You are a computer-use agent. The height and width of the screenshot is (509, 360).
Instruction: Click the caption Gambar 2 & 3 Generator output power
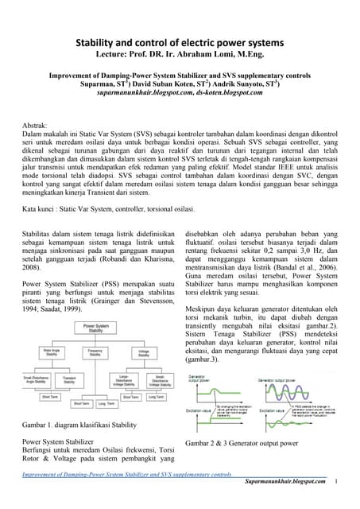coord(242,442)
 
